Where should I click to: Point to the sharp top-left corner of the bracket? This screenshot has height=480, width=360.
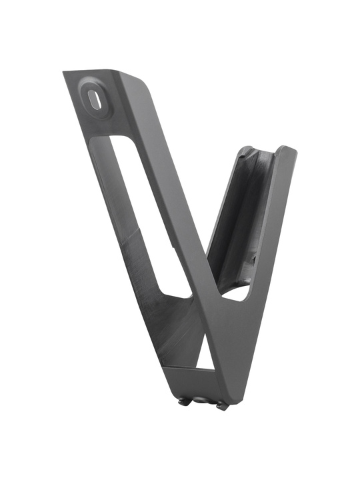65,73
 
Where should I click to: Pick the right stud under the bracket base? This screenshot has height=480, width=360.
221,405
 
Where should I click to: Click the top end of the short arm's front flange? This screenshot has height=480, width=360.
287,150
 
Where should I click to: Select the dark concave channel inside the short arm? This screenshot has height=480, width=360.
243,213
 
